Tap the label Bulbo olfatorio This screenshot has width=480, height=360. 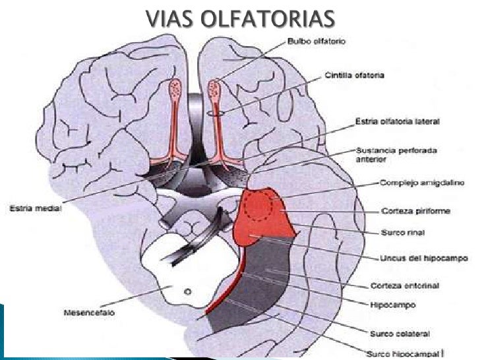(316, 42)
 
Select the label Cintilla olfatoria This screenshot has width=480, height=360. (354, 75)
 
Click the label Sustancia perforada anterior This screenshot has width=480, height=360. (386, 154)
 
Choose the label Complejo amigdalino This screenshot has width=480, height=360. (409, 185)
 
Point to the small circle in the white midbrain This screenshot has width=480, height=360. (188, 291)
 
